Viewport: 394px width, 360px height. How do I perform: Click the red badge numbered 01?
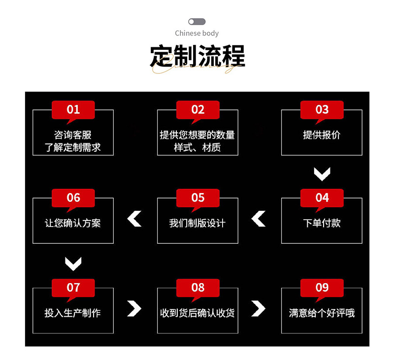tap(73, 109)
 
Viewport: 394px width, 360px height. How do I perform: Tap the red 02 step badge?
tap(197, 109)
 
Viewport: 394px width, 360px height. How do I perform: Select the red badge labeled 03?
tap(322, 109)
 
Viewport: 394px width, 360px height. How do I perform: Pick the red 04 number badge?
tap(322, 197)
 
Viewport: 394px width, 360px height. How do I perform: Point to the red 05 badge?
tap(197, 197)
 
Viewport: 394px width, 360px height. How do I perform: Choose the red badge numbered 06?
tap(73, 197)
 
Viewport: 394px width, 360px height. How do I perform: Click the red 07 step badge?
tap(73, 287)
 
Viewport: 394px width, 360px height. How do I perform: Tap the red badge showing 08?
tap(197, 287)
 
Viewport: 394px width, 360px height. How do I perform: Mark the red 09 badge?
tap(322, 287)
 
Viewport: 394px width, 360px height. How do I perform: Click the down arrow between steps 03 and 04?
tap(322, 173)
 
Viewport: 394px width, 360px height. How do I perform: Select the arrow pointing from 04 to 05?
tap(259, 218)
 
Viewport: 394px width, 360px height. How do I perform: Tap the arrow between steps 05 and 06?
tap(134, 218)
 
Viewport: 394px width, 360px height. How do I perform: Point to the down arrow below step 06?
tap(73, 263)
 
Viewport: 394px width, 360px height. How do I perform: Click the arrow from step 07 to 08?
tap(134, 308)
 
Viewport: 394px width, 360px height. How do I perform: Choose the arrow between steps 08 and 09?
tap(259, 308)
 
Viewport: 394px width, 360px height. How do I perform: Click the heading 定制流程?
tap(197, 57)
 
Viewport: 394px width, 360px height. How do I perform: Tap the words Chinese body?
tap(197, 33)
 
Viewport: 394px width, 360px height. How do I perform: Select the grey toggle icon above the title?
tap(197, 22)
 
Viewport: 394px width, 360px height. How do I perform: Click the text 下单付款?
tap(322, 223)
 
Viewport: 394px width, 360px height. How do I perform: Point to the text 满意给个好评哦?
tap(322, 313)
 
